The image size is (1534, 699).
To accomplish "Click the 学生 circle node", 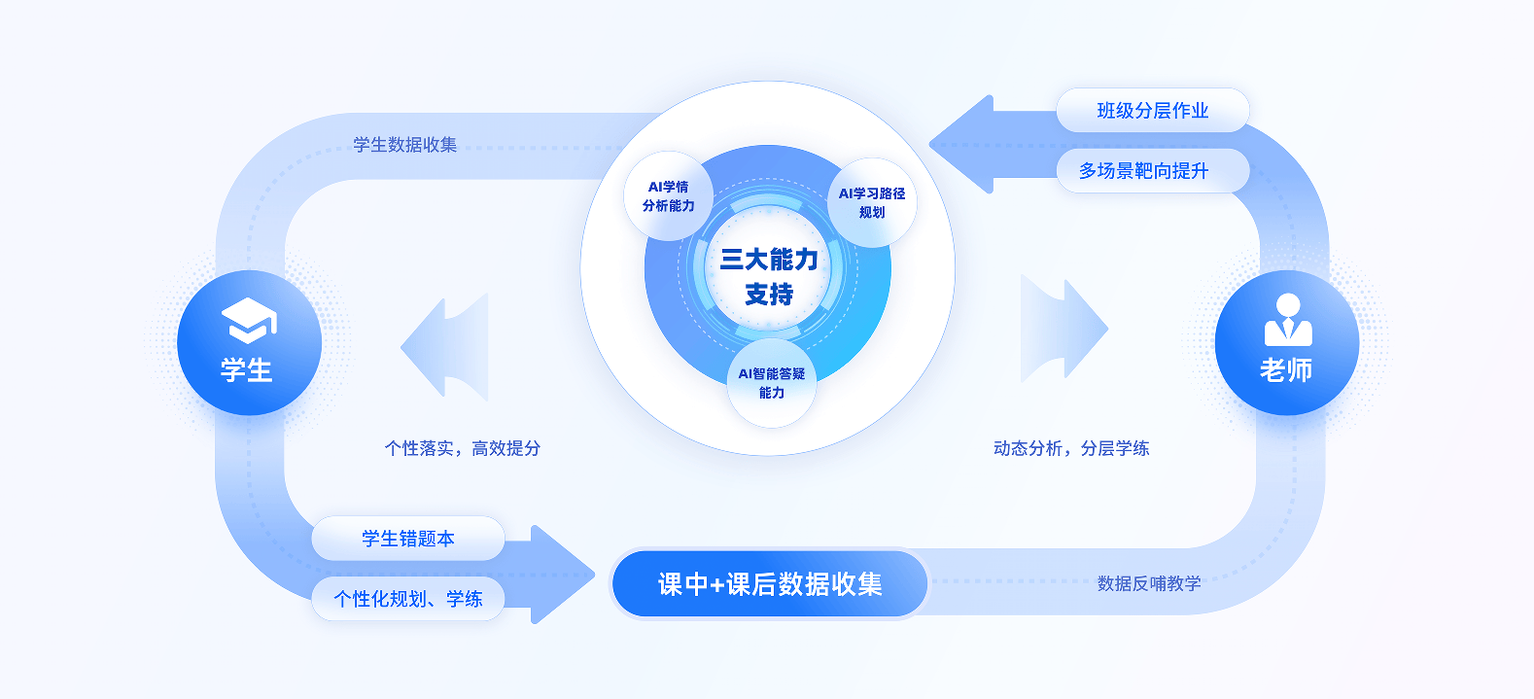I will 249,343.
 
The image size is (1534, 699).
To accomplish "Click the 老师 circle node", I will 1286,343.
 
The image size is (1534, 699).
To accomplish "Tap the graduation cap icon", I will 249,320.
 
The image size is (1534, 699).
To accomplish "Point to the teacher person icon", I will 1287,320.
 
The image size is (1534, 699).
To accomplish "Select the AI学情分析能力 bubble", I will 669,196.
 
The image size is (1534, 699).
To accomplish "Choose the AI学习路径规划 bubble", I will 872,202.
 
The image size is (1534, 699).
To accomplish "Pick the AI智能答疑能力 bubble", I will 772,383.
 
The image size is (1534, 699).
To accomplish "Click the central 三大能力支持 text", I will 769,276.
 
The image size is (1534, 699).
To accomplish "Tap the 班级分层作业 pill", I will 1152,111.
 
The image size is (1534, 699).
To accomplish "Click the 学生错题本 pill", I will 408,539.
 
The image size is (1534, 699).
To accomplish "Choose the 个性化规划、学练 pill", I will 408,599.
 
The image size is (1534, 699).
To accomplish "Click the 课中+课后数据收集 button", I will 770,584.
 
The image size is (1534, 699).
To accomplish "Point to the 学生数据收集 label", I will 404,145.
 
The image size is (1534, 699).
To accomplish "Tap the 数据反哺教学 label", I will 1149,583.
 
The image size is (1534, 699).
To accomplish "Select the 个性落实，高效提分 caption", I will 463,448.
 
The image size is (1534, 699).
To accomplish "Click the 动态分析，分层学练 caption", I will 1071,448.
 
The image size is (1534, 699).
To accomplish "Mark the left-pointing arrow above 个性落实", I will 447,346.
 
